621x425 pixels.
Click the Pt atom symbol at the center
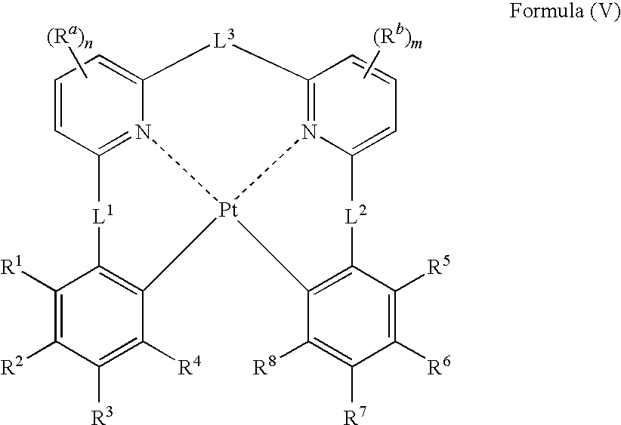pos(228,211)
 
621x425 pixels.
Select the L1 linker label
pos(103,216)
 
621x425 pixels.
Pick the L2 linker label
pos(356,216)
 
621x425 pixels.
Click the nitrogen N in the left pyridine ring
pos(144,131)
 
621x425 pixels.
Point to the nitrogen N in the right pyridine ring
pos(310,131)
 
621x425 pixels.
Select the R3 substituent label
pos(102,416)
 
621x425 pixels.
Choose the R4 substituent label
pos(190,367)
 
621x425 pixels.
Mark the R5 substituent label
pos(439,266)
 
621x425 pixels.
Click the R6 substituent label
pos(439,367)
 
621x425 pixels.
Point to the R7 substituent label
pos(356,416)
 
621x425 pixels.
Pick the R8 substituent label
pos(264,367)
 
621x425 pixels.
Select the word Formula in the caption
pos(546,11)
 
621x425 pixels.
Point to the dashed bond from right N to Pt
pos(267,169)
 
